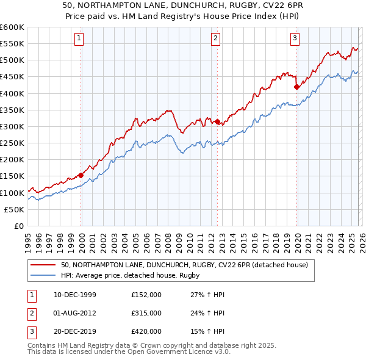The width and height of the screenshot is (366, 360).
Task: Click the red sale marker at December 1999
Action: coord(81,175)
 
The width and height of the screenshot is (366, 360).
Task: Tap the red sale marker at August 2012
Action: coord(217,121)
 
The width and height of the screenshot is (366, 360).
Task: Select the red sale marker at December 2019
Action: coord(296,87)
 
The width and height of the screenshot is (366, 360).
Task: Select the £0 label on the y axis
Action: coord(18,226)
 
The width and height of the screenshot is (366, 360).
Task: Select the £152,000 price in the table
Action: coord(146,295)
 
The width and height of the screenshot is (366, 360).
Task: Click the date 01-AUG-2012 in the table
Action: coord(74,313)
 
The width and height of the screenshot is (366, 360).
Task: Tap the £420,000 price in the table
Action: coord(146,331)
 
